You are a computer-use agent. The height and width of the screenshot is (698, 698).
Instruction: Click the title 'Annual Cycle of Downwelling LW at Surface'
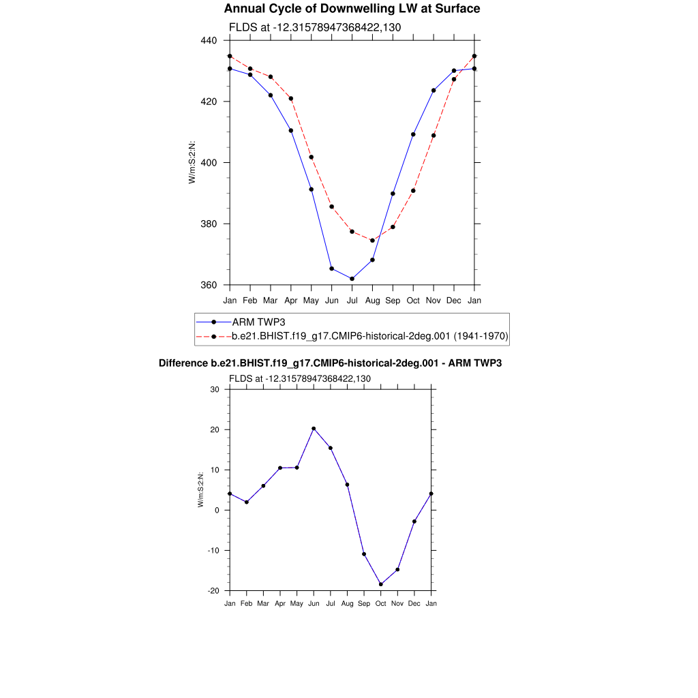coord(352,9)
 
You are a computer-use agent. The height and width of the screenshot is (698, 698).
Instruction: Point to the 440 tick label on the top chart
coord(208,40)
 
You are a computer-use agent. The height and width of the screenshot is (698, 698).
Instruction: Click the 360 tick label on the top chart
coord(208,285)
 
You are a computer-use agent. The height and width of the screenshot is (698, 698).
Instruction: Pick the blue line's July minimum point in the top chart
coord(352,279)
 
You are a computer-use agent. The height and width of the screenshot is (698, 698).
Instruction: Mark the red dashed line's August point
coord(372,241)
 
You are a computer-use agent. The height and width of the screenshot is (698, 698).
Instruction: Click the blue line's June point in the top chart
coord(331,269)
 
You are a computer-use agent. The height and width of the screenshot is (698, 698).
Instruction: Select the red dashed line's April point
coord(291,98)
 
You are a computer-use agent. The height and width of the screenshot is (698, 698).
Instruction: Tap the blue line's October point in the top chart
coord(413,134)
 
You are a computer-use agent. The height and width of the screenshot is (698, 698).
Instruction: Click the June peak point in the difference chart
coord(314,429)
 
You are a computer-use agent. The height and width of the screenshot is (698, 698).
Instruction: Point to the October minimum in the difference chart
coord(381,584)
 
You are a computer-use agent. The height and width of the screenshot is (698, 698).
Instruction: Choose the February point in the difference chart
coord(247,502)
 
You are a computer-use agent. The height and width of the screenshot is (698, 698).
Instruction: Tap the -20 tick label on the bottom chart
coord(213,591)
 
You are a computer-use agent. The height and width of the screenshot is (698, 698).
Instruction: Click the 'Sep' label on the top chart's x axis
coord(393,300)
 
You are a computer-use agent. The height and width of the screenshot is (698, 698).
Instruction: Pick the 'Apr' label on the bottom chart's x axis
coord(280,603)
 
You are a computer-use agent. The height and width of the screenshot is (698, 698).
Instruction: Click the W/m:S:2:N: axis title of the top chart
coord(192,162)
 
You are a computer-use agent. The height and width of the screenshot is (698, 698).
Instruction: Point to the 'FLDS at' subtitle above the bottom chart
coord(299,378)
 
